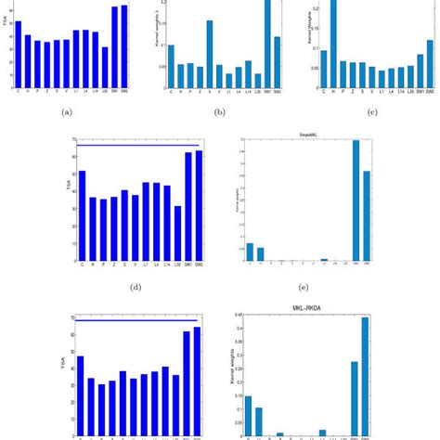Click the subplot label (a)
tap(66, 112)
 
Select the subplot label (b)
tap(219, 112)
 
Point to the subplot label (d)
tap(136, 286)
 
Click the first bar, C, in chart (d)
tap(82, 214)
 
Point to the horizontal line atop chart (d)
tap(139, 145)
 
